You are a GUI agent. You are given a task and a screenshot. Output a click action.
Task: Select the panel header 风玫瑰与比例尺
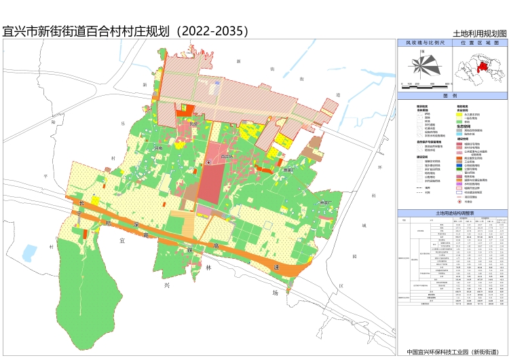tap(425, 42)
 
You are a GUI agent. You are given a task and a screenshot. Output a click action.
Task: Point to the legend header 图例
tap(452, 96)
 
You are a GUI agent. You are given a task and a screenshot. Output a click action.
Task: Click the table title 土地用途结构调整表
tap(452, 213)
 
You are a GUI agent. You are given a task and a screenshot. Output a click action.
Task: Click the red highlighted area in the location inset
tap(485, 66)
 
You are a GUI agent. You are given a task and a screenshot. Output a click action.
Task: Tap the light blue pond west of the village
tap(29, 253)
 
